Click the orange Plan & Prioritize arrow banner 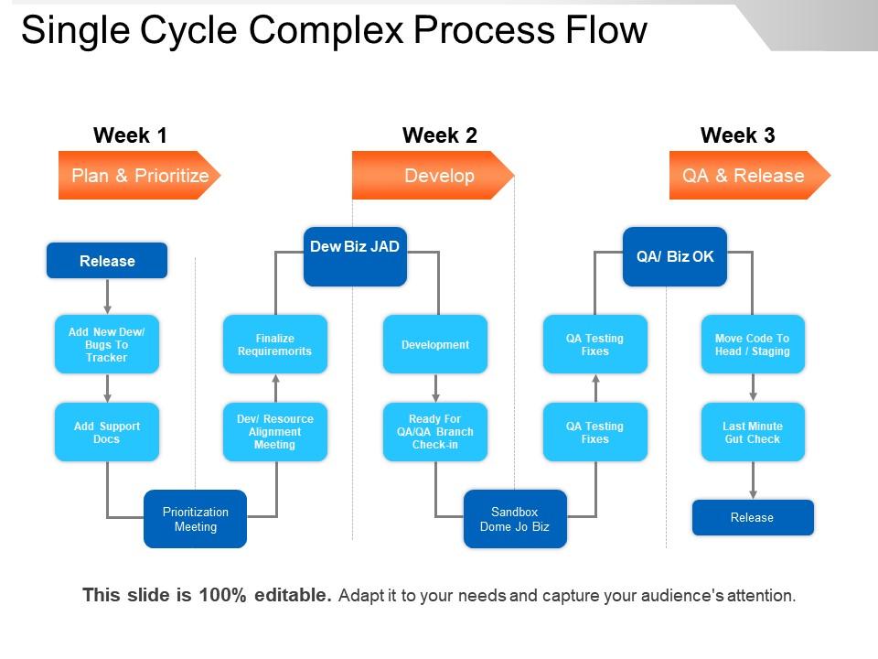click(x=139, y=176)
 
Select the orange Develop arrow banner click(x=434, y=176)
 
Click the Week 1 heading click(x=130, y=135)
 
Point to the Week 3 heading click(x=737, y=135)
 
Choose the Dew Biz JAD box click(x=355, y=256)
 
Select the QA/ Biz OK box click(x=675, y=256)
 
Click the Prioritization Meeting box click(x=195, y=519)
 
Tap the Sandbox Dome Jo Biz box click(x=515, y=519)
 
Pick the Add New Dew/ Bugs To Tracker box click(x=107, y=344)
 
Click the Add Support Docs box click(x=107, y=432)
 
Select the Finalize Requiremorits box click(x=274, y=344)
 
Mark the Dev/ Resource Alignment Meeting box click(x=274, y=432)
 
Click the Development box click(x=435, y=344)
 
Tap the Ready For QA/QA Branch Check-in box click(x=435, y=432)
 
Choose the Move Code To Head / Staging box click(x=753, y=344)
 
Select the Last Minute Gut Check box click(x=753, y=432)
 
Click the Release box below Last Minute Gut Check click(x=753, y=517)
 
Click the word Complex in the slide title click(x=328, y=31)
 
